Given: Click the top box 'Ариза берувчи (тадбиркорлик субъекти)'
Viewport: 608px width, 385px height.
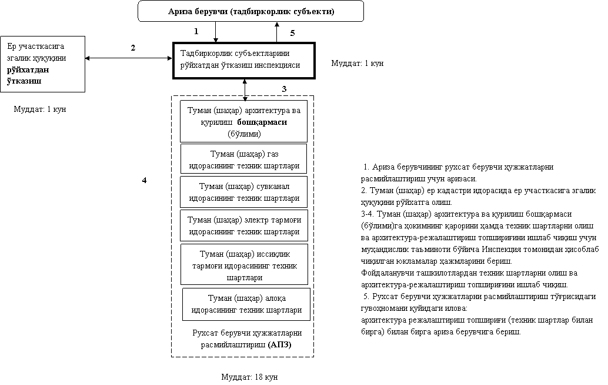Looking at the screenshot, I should click(250, 11).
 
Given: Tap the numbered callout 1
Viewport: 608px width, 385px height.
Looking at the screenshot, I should click(196, 30).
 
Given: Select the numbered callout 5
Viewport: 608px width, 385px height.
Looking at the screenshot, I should click(293, 33).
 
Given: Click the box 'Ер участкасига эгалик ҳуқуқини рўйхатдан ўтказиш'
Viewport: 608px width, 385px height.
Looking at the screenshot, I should click(42, 64).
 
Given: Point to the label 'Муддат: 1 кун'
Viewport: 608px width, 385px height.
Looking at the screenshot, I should click(44, 110).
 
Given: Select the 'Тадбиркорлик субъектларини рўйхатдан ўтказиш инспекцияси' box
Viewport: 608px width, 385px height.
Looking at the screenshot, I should click(243, 59).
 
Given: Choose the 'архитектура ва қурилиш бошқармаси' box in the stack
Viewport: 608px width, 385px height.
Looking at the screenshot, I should click(243, 121).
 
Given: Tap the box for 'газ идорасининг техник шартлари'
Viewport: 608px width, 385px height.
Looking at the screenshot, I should click(243, 160).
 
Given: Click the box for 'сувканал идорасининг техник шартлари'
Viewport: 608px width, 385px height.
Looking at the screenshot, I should click(243, 192).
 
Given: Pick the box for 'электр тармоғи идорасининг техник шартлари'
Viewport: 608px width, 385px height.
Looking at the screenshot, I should click(243, 225).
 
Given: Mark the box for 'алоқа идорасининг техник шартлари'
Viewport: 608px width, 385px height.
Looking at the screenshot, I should click(246, 304).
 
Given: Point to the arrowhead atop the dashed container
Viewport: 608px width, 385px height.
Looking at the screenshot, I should click(245, 98).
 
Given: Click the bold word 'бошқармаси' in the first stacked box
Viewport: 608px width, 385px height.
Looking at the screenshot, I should click(270, 122).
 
